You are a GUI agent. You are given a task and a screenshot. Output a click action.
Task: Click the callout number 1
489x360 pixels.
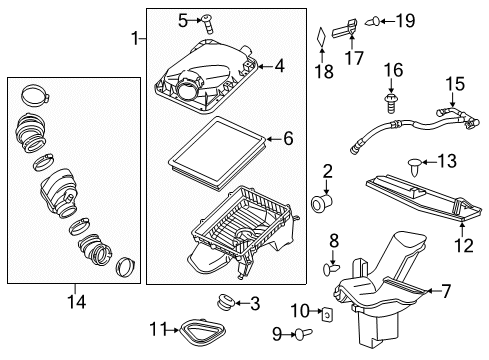[135, 38]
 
